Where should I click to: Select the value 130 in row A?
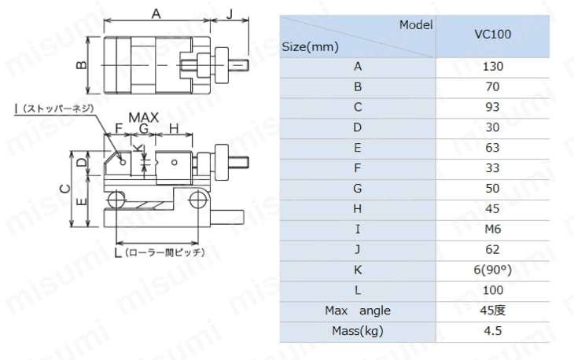pyautogui.click(x=493, y=67)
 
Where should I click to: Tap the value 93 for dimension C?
pyautogui.click(x=492, y=107)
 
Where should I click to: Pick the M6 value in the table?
pyautogui.click(x=493, y=230)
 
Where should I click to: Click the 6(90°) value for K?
pyautogui.click(x=492, y=270)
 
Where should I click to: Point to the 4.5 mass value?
pyautogui.click(x=492, y=331)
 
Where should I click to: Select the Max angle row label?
pyautogui.click(x=358, y=310)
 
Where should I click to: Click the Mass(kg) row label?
pyautogui.click(x=358, y=331)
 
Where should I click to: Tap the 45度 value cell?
pyautogui.click(x=492, y=310)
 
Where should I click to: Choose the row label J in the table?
pyautogui.click(x=358, y=249)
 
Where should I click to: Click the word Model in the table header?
pyautogui.click(x=416, y=25)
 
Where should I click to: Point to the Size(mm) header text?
pyautogui.click(x=310, y=47)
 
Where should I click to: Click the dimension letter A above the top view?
pyautogui.click(x=156, y=13)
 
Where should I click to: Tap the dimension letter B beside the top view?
pyautogui.click(x=82, y=65)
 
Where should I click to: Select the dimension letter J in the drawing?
pyautogui.click(x=230, y=14)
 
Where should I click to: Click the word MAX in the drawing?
pyautogui.click(x=143, y=117)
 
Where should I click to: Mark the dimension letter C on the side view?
pyautogui.click(x=64, y=189)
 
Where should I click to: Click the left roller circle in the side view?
pyautogui.click(x=116, y=200)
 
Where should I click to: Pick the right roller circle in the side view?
pyautogui.click(x=198, y=200)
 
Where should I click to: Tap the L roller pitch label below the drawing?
pyautogui.click(x=160, y=252)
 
